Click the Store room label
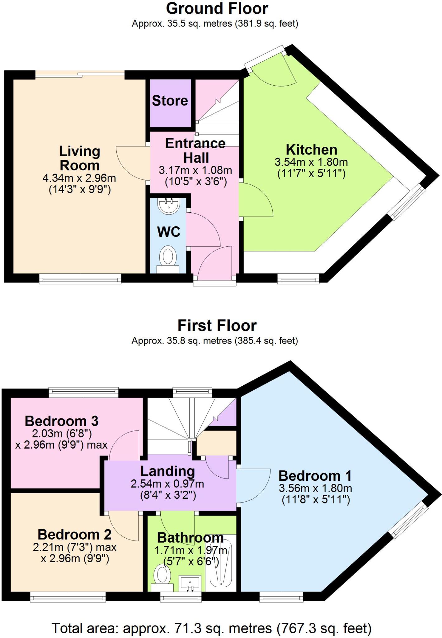pos(170,101)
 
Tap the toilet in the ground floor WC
pos(168,257)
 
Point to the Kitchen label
pos(312,150)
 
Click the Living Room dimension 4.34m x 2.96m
pos(79,179)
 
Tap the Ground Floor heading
pos(217,9)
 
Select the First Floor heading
pos(217,326)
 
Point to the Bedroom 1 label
pos(315,476)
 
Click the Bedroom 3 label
pos(62,421)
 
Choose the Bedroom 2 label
pos(75,535)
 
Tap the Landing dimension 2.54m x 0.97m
pos(167,484)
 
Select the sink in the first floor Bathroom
pos(190,583)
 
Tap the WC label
pos(169,232)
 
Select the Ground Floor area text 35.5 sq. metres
pos(215,24)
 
